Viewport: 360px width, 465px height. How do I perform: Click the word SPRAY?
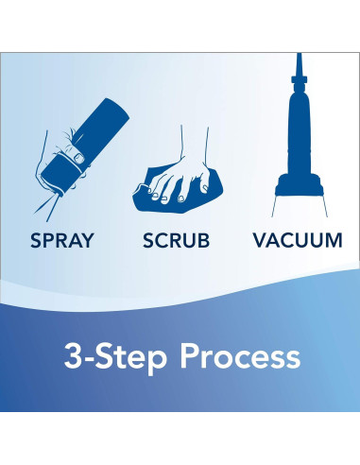click(62, 240)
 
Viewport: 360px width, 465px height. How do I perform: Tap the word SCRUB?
click(176, 240)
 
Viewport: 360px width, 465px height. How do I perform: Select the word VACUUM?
click(298, 240)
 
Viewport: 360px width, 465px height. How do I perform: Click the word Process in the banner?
click(240, 356)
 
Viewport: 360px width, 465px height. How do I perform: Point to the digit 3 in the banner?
click(73, 356)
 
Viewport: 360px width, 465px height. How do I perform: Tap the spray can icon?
click(82, 147)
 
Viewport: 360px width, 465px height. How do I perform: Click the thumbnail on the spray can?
click(78, 158)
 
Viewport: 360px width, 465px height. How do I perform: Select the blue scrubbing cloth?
click(178, 193)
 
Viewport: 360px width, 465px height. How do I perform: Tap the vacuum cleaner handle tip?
click(299, 54)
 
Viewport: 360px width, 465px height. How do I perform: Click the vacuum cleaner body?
click(300, 132)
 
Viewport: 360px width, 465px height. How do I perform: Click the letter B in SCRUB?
click(203, 240)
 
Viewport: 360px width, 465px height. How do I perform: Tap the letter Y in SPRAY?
click(87, 240)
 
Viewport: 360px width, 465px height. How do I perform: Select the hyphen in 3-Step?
click(90, 359)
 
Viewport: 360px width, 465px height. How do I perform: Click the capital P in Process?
click(189, 356)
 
